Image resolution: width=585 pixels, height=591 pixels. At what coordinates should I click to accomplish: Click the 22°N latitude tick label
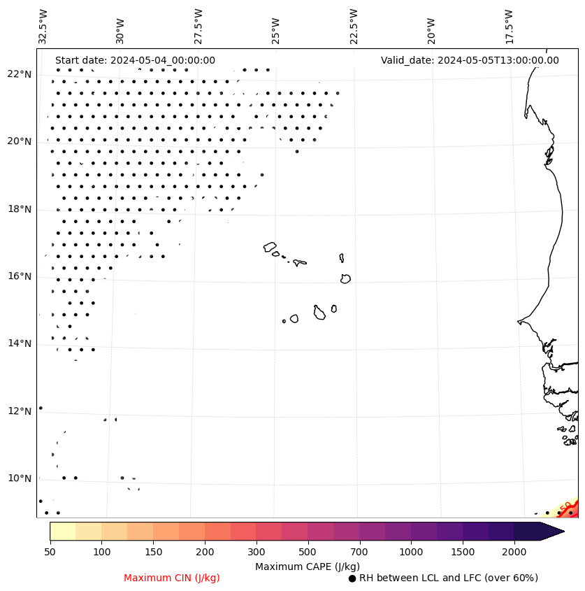(x=19, y=75)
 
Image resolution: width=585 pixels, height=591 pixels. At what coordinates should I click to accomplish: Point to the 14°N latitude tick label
(x=19, y=343)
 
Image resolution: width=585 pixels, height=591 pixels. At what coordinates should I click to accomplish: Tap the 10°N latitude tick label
(x=19, y=478)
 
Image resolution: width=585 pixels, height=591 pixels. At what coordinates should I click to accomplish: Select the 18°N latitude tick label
(x=19, y=209)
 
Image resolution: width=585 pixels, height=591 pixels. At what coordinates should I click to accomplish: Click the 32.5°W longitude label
(x=43, y=27)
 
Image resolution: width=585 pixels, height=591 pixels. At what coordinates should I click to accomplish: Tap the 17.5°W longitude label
(x=509, y=27)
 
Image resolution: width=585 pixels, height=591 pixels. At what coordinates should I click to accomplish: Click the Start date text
(x=135, y=60)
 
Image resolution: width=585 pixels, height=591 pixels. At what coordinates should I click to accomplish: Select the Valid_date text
(x=470, y=60)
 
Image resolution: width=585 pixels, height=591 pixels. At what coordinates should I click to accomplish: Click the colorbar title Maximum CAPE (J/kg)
(x=308, y=567)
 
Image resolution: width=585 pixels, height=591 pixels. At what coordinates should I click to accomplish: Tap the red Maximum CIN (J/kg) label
(x=171, y=578)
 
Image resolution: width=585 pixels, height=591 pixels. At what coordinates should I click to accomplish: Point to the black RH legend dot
(x=352, y=578)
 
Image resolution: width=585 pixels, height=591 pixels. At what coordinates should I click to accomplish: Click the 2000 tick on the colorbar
(x=514, y=553)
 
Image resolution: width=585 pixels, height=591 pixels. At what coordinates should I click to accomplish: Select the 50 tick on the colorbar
(x=50, y=553)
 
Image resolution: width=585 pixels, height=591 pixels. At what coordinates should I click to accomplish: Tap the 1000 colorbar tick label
(x=411, y=553)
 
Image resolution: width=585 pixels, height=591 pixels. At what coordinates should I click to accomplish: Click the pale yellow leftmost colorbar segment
(x=62, y=531)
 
